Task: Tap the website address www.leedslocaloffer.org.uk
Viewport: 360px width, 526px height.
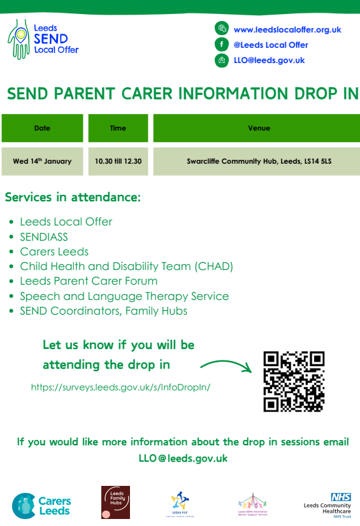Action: pos(287,29)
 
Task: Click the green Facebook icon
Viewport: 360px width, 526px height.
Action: pos(222,45)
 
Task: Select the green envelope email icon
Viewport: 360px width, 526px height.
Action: pos(222,60)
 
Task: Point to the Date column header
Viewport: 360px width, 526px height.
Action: pos(42,128)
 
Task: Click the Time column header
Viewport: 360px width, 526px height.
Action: pos(118,128)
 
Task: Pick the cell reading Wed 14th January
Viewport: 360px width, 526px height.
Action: pos(42,161)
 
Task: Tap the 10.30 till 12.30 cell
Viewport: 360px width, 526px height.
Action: pos(118,161)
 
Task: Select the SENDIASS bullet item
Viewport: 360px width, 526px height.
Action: pos(43,237)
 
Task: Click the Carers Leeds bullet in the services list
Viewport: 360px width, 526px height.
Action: pos(54,252)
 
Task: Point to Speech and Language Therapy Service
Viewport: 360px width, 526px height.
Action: pos(124,296)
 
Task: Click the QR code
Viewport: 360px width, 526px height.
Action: pos(294,381)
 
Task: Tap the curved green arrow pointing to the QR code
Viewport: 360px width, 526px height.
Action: pos(224,366)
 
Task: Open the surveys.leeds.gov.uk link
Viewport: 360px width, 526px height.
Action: pos(120,387)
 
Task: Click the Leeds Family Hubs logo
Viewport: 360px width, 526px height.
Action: pos(115,502)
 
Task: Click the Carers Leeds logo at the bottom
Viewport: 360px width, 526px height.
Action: pos(42,505)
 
